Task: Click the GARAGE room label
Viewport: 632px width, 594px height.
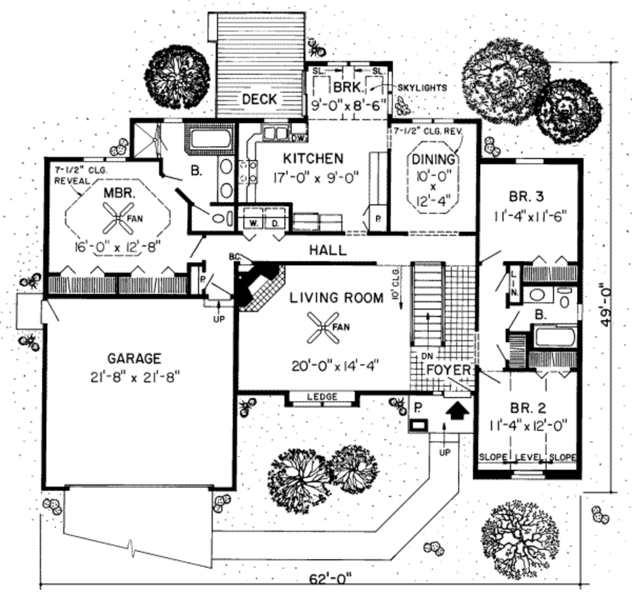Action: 134,358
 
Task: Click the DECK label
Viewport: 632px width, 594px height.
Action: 259,99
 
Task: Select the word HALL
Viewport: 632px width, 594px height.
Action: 328,250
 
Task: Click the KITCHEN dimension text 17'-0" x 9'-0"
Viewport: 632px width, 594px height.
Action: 317,178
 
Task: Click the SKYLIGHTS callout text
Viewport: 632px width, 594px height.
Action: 422,88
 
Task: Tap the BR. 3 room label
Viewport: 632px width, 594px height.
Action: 526,197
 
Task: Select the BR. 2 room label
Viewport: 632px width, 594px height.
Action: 528,408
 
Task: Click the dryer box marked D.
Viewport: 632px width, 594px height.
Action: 275,221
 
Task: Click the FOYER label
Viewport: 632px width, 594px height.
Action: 449,371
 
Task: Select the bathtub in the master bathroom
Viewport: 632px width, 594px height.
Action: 210,138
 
